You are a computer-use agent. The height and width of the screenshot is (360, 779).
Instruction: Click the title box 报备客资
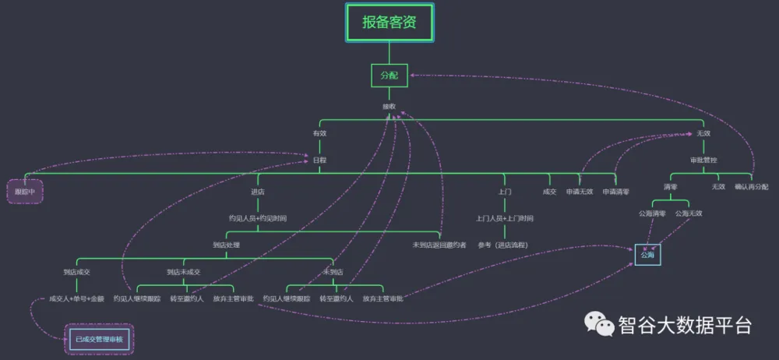click(389, 23)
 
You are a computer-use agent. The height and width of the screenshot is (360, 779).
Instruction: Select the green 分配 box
click(389, 76)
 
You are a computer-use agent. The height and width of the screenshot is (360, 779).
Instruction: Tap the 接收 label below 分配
click(389, 106)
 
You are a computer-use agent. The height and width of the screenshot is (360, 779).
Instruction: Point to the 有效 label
click(319, 133)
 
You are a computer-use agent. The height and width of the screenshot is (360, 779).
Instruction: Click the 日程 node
click(319, 160)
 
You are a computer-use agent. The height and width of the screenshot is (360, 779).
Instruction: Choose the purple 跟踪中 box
click(26, 191)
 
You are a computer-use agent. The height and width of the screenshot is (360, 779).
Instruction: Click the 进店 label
click(257, 191)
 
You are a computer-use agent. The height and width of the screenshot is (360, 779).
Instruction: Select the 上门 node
click(505, 191)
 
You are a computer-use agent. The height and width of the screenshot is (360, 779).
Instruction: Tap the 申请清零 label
click(615, 191)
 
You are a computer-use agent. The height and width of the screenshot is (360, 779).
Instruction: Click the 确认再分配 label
click(751, 187)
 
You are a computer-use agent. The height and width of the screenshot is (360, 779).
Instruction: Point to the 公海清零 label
click(652, 214)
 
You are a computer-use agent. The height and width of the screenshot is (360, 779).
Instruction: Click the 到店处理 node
click(227, 245)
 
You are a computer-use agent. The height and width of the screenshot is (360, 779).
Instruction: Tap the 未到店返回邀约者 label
click(439, 245)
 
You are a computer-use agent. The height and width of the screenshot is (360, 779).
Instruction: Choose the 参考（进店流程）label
click(505, 245)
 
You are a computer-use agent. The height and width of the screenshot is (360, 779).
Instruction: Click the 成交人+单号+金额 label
click(76, 298)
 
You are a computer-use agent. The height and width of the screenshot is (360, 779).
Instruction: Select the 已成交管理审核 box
click(99, 339)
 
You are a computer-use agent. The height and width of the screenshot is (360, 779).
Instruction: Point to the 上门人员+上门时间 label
click(505, 218)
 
